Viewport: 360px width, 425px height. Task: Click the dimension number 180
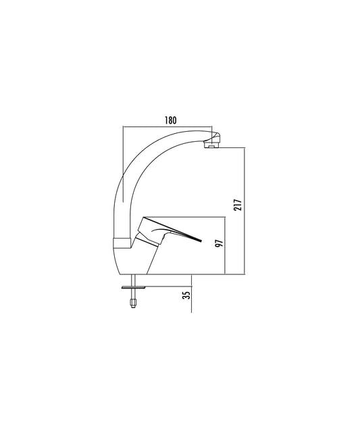pyautogui.click(x=170, y=120)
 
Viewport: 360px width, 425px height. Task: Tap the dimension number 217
pyautogui.click(x=238, y=205)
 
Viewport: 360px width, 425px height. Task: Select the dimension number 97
pyautogui.click(x=219, y=243)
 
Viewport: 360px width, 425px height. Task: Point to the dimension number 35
pyautogui.click(x=186, y=295)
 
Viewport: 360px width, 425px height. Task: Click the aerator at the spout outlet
pyautogui.click(x=211, y=145)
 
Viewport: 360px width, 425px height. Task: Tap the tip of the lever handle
pyautogui.click(x=201, y=241)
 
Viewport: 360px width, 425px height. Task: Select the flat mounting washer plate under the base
pyautogui.click(x=134, y=287)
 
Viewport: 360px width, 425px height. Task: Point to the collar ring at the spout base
pyautogui.click(x=122, y=243)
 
